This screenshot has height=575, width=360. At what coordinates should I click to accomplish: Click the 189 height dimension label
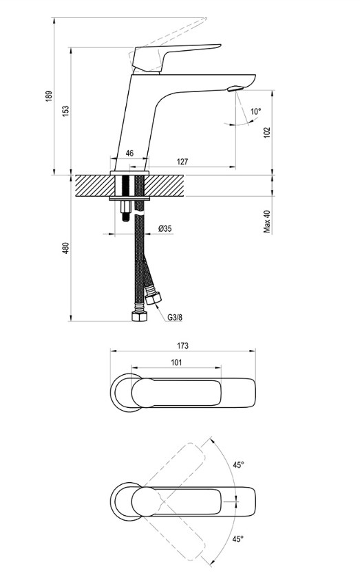click(x=49, y=96)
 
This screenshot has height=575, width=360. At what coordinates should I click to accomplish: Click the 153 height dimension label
click(x=65, y=111)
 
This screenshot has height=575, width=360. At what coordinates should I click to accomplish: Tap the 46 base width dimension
click(x=129, y=153)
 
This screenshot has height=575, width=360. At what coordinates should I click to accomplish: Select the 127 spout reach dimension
click(x=182, y=162)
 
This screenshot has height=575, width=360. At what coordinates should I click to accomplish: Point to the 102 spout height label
click(x=267, y=132)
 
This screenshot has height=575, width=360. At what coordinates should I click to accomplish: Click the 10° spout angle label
click(x=256, y=111)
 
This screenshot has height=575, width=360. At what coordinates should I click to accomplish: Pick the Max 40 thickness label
click(x=267, y=221)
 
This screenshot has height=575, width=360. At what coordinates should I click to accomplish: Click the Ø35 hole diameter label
click(x=165, y=229)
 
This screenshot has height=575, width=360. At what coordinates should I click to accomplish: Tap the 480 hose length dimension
click(x=65, y=248)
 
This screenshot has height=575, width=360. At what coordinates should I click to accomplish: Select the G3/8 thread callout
click(x=175, y=317)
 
